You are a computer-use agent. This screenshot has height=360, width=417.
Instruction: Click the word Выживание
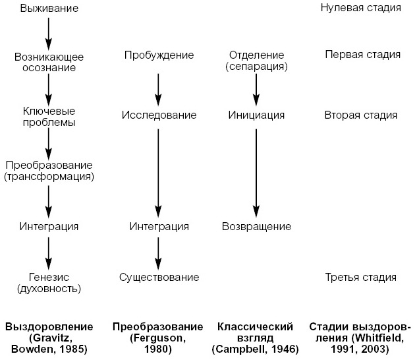tap(49, 9)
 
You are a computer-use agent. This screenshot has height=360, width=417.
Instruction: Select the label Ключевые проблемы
tap(49, 117)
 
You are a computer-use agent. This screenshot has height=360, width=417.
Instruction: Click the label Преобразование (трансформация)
tap(49, 171)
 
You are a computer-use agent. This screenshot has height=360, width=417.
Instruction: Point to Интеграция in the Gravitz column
tap(49, 226)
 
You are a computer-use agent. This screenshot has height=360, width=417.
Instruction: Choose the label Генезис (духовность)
tap(49, 283)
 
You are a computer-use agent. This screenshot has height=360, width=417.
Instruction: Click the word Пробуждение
tap(159, 55)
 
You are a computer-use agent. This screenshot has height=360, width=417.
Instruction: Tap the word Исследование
tap(159, 115)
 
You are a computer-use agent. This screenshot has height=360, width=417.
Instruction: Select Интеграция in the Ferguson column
tap(159, 226)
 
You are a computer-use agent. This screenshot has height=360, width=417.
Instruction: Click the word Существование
tap(159, 277)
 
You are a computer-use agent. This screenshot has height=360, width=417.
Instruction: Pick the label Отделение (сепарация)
tap(257, 61)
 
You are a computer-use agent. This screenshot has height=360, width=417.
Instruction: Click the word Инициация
tap(256, 115)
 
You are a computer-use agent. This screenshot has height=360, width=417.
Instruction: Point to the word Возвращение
tap(256, 226)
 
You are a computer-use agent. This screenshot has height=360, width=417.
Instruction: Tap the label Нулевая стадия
tap(360, 9)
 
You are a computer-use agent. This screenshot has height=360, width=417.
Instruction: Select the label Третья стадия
tap(360, 277)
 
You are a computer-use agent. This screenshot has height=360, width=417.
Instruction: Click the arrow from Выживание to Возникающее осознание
tap(49, 30)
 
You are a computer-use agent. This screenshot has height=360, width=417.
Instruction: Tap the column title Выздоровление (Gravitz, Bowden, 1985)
tap(49, 337)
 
